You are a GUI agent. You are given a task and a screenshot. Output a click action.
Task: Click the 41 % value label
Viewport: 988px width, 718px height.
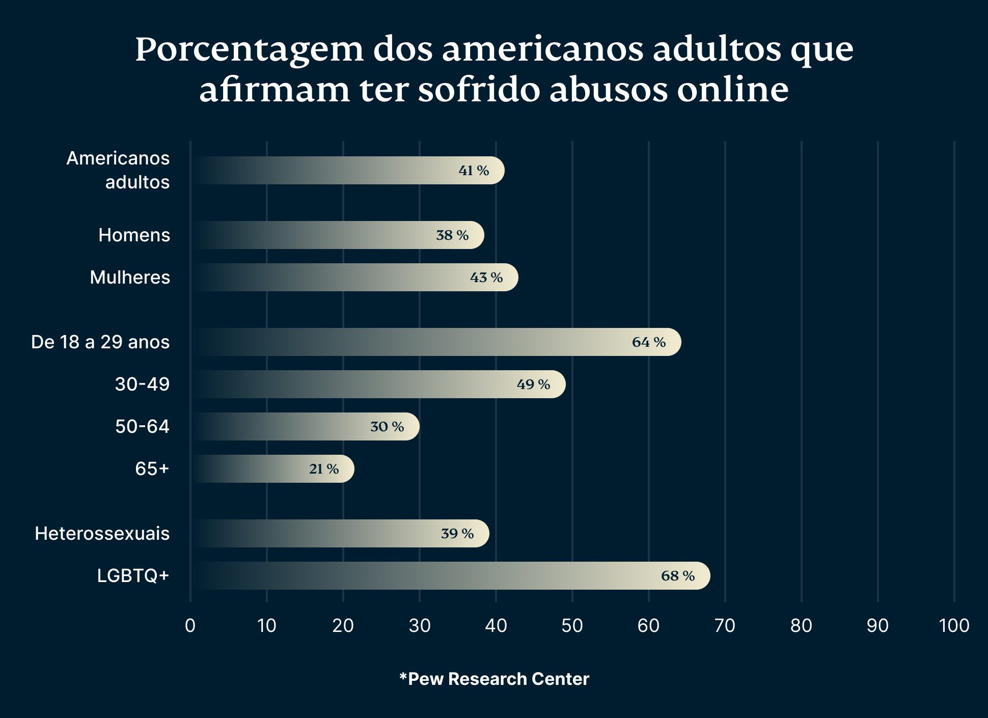(474, 171)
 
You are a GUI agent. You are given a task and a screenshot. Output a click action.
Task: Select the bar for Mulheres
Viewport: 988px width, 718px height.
(355, 278)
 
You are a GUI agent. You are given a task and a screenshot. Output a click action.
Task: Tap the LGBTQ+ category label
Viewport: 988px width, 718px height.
(133, 576)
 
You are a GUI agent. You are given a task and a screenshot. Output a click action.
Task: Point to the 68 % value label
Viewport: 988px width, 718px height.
(677, 576)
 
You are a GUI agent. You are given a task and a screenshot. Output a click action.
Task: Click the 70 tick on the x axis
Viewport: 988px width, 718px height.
(725, 625)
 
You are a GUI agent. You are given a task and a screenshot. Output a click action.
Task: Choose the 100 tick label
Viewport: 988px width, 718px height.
(953, 625)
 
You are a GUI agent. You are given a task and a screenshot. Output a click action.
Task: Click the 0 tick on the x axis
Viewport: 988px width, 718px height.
(190, 625)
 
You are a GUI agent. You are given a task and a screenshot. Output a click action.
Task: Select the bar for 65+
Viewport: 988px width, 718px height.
(272, 469)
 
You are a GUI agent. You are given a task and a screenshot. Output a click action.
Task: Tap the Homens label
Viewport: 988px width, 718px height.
(134, 235)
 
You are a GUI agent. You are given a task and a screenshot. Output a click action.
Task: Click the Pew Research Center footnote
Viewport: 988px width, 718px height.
(494, 679)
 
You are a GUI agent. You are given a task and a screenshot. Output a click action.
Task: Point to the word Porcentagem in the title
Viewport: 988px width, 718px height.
(249, 50)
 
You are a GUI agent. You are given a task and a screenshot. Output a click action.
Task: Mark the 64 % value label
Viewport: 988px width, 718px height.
(648, 342)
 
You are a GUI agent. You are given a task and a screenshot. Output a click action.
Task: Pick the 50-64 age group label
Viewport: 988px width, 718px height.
(142, 427)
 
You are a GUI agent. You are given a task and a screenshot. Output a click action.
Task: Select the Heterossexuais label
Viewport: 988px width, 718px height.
(102, 534)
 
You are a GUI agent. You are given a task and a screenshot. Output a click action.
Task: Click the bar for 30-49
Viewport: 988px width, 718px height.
(379, 384)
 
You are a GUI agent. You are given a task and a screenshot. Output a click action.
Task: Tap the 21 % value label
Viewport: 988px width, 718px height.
(323, 469)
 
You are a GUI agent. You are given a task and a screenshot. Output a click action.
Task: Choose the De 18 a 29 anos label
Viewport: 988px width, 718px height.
(100, 342)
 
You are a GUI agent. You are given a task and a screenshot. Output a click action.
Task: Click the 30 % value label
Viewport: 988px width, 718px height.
(387, 427)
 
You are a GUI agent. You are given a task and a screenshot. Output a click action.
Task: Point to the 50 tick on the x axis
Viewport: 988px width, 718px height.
(572, 625)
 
